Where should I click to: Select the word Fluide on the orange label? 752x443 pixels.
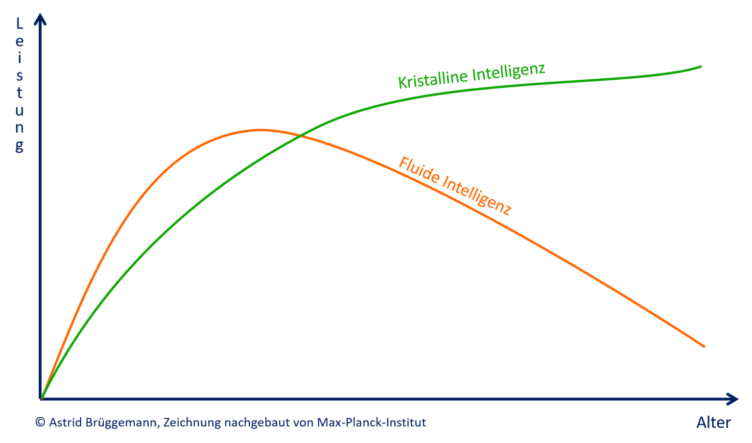click(x=419, y=170)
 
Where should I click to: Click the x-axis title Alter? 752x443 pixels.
click(x=713, y=423)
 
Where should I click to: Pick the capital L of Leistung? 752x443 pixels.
click(x=20, y=23)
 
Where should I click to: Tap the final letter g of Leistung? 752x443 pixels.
click(x=20, y=146)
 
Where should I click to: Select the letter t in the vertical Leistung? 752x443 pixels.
click(x=20, y=93)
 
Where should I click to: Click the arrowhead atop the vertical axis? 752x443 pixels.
click(x=41, y=19)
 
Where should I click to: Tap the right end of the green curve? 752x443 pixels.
click(x=701, y=66)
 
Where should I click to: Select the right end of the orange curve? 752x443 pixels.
click(x=704, y=346)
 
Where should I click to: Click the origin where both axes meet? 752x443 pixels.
click(x=42, y=398)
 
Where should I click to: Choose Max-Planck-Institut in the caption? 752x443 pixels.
click(x=371, y=422)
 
